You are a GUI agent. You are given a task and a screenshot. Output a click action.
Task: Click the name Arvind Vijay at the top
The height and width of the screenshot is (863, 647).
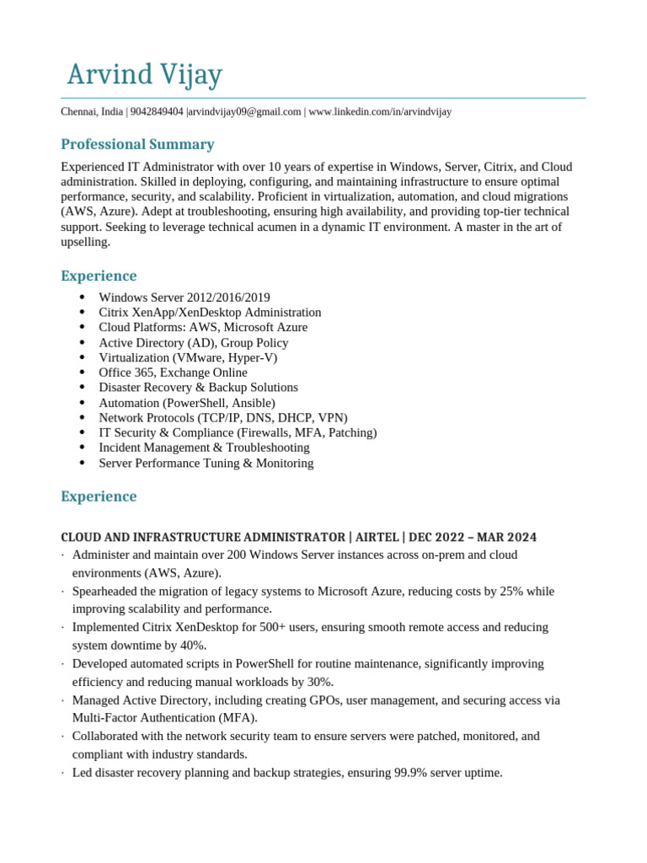144,75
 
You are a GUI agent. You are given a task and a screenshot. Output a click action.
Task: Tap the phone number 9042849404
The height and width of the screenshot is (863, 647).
158,112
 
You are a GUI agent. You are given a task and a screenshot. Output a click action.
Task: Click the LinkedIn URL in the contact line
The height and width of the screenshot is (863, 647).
380,112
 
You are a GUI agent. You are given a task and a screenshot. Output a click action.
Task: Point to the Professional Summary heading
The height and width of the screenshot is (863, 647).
137,144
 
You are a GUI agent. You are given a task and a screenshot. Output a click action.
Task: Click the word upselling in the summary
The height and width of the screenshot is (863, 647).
85,242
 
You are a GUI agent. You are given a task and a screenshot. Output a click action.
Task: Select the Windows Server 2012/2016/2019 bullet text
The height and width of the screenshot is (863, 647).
184,297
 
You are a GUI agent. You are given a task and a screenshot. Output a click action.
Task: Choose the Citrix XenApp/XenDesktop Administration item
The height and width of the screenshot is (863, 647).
210,313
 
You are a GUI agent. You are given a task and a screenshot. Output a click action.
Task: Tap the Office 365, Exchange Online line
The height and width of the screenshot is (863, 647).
173,373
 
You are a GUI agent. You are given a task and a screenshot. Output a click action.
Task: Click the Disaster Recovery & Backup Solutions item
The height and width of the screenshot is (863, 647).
198,388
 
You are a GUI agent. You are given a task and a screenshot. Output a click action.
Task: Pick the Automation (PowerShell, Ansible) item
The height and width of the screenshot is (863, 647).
187,403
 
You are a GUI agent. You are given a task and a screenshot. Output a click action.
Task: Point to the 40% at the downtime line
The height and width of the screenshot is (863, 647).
192,646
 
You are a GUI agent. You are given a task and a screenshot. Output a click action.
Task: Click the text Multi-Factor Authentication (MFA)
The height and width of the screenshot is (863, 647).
164,718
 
